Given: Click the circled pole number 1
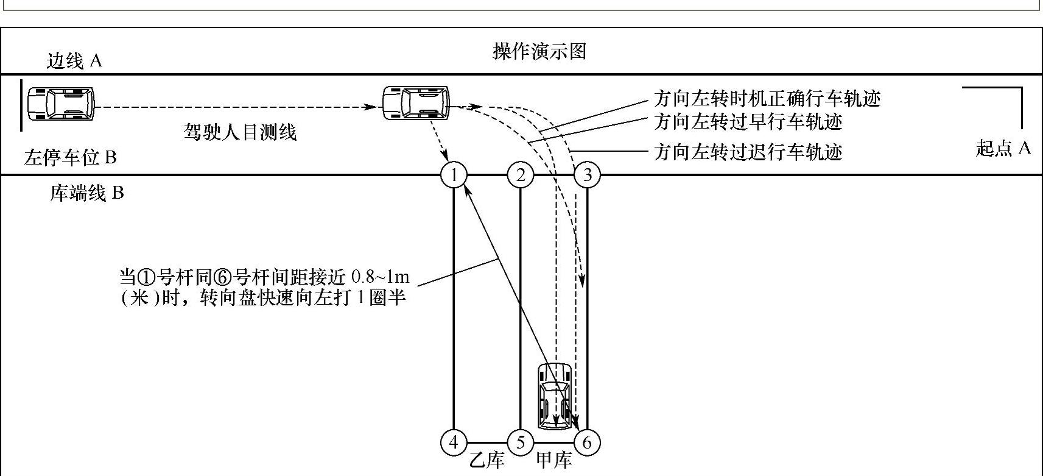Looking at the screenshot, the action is [454, 175].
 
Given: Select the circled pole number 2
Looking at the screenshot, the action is [521, 175].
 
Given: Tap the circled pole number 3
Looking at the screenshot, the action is [587, 175].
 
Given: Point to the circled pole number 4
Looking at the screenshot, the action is [454, 442].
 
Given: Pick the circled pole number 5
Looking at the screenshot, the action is [521, 442].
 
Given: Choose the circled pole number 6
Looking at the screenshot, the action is [587, 442].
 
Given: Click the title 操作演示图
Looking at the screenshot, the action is [539, 51].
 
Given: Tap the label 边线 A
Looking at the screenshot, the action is [74, 60].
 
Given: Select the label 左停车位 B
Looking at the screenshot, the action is [70, 158].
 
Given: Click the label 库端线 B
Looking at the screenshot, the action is [87, 193].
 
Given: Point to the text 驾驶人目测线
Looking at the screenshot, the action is [241, 132].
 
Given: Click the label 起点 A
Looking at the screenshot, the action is [1003, 148].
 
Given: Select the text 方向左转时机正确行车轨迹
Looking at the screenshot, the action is [767, 99].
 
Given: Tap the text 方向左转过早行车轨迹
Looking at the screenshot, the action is [748, 122].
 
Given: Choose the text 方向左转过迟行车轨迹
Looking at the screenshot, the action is [748, 152].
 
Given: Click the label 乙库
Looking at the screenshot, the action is [486, 460].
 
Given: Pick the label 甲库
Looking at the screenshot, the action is [553, 460].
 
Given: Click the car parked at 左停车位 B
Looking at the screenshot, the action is [60, 104].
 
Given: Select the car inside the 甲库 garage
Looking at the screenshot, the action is [555, 396].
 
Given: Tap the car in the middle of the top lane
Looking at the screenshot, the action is [416, 102].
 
